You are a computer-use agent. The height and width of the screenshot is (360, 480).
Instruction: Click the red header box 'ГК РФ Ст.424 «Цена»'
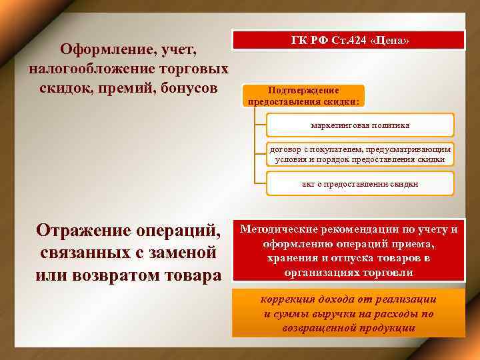[x=348, y=40]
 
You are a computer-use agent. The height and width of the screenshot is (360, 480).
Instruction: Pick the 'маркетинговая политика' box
[x=360, y=125]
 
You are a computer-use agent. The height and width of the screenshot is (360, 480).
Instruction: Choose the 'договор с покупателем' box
[x=360, y=154]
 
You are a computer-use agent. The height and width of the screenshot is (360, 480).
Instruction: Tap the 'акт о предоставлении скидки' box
[x=360, y=184]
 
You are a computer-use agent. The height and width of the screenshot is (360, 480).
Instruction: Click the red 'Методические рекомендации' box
[x=348, y=251]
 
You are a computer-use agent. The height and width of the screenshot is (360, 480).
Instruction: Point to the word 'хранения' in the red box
[x=290, y=258]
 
